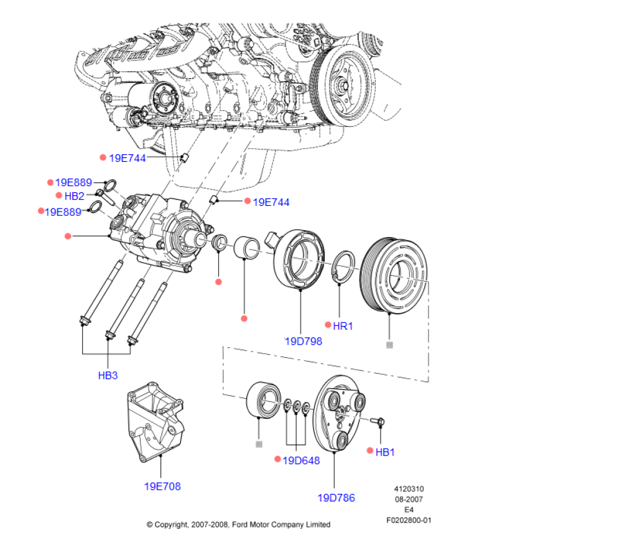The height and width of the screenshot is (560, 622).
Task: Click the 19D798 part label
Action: coord(304,341)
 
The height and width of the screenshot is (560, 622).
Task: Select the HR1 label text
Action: coord(343,325)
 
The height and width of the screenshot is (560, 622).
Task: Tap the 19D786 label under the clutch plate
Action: coord(336,498)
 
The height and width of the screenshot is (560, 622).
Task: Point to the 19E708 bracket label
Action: coord(162,487)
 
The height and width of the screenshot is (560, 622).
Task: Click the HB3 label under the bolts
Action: coord(108,375)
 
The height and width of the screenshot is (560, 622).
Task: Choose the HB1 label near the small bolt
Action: coord(385,452)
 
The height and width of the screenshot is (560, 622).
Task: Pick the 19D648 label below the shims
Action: coord(301,460)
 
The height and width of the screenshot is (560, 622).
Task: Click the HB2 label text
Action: coord(75,196)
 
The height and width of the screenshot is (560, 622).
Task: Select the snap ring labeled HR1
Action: coord(343,268)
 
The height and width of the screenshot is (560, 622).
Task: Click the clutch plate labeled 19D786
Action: coord(340,414)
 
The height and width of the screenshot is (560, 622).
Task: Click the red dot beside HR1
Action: coord(328,324)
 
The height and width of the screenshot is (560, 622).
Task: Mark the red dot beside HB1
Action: coord(370,450)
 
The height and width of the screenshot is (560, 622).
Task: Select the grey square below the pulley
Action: coord(389,345)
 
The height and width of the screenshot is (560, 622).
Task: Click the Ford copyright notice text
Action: coord(238,525)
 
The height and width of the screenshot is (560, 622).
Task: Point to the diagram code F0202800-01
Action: coord(409,520)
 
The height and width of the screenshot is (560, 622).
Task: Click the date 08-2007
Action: coord(409,500)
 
